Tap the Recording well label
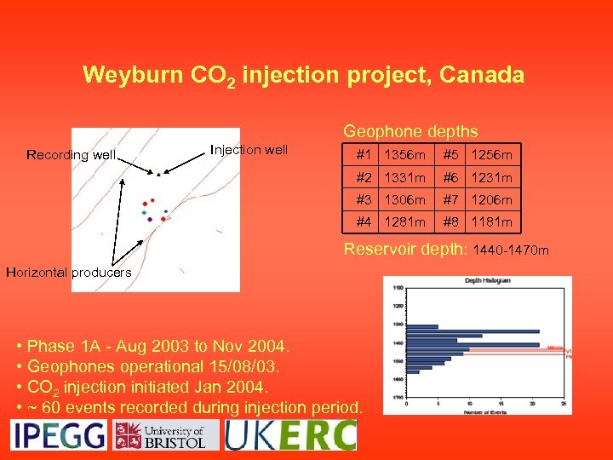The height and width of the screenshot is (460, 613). [71, 154]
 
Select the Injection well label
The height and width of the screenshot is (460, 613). [249, 150]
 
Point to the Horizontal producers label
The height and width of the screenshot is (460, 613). [68, 273]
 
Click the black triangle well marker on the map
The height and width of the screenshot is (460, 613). [158, 174]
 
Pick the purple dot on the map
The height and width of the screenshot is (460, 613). [150, 220]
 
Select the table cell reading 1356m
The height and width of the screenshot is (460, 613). [404, 155]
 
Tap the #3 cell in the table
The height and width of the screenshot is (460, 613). [364, 199]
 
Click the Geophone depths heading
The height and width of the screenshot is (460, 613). [410, 132]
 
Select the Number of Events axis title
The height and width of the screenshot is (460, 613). [481, 413]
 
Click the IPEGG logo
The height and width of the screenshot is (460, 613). [58, 434]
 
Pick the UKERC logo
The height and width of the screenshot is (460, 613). [290, 434]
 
